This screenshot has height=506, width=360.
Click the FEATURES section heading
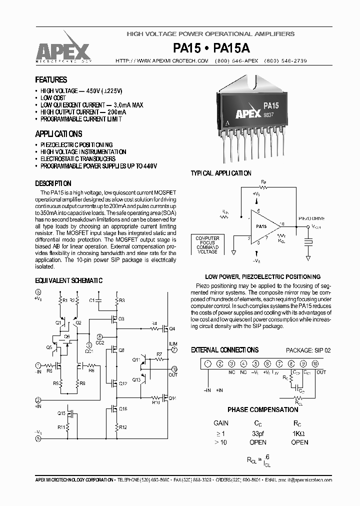click(51, 80)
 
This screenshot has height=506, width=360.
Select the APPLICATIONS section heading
click(58, 134)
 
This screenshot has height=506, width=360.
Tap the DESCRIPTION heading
click(53, 183)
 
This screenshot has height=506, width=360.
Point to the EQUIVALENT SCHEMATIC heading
click(68, 281)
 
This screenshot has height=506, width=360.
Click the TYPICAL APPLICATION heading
click(221, 173)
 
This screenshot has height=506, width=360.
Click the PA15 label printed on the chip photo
click(271, 105)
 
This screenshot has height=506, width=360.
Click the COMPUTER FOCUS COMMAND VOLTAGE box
click(207, 245)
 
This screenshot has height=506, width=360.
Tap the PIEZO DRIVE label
click(311, 218)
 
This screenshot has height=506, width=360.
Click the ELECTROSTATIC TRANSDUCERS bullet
click(78, 158)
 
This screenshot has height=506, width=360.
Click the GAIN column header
click(220, 422)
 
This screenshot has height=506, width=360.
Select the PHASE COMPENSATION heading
click(262, 410)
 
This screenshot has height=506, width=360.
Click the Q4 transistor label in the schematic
click(172, 328)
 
